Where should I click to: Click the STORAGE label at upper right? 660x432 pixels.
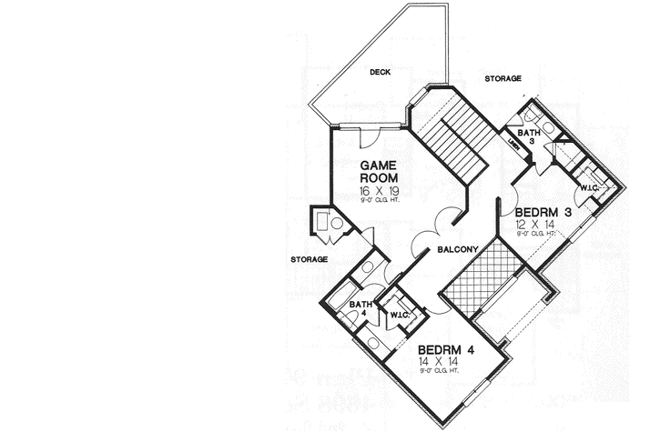[503, 79]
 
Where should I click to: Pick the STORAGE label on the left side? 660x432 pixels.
[309, 259]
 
